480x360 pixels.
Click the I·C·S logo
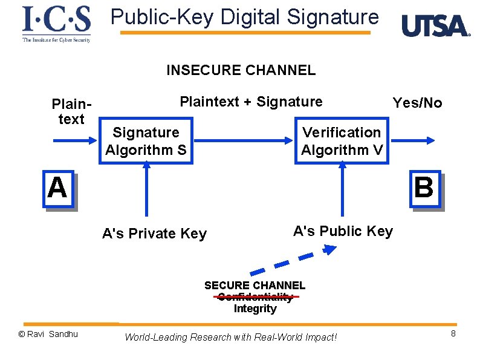tap(56, 24)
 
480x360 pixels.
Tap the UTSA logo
tap(435, 26)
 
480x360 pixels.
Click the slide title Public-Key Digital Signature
tap(245, 17)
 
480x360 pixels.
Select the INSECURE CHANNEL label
tap(241, 70)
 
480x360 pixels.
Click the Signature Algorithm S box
tap(146, 141)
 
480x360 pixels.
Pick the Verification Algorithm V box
tap(342, 141)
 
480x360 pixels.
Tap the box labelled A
tap(57, 188)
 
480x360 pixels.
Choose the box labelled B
tap(424, 188)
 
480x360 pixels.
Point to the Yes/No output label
tap(417, 103)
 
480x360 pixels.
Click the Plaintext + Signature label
tap(251, 102)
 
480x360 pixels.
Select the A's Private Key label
tap(154, 234)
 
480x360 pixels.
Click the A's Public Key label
tap(343, 231)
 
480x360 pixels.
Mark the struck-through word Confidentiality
tap(255, 297)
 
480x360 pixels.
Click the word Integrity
tap(255, 309)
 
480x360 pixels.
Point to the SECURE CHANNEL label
tap(255, 285)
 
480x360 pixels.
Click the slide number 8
tap(453, 335)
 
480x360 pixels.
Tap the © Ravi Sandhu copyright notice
tap(48, 334)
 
